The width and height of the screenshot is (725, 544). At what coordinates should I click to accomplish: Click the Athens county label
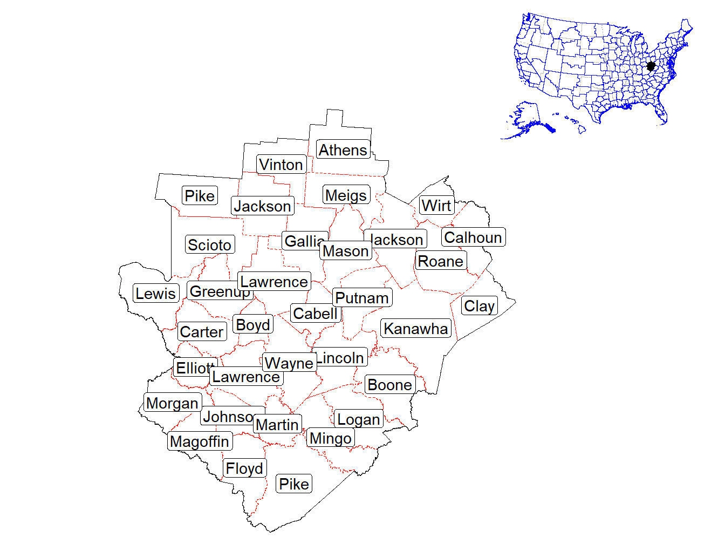[x=343, y=150]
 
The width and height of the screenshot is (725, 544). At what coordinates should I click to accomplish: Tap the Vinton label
[x=281, y=165]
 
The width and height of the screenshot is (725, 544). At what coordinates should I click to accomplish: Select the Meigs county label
[x=346, y=195]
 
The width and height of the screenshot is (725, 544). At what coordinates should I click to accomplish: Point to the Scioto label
[x=209, y=245]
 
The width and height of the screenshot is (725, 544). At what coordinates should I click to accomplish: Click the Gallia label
[x=303, y=241]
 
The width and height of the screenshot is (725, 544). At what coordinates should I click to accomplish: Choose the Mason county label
[x=346, y=251]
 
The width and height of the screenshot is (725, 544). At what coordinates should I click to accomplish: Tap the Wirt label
[x=436, y=206]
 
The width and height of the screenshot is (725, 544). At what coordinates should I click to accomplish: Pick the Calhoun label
[x=473, y=237]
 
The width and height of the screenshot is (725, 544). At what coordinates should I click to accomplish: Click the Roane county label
[x=441, y=261]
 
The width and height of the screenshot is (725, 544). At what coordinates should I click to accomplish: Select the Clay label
[x=479, y=306]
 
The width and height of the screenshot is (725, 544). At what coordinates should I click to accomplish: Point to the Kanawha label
[x=416, y=329]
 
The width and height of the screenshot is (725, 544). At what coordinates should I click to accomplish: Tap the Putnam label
[x=362, y=298]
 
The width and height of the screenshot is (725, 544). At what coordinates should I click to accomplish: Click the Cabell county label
[x=316, y=314]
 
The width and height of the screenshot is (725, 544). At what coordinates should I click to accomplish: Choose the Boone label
[x=390, y=385]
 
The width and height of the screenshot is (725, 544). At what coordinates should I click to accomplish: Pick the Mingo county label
[x=331, y=438]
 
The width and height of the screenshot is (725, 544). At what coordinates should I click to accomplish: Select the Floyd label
[x=244, y=468]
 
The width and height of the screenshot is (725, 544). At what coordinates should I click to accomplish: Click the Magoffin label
[x=200, y=441]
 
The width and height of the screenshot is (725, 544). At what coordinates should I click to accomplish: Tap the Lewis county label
[x=156, y=294]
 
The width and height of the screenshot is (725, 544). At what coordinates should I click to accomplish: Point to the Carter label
[x=202, y=332]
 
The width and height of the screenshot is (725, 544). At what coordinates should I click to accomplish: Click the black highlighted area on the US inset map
[x=651, y=66]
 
